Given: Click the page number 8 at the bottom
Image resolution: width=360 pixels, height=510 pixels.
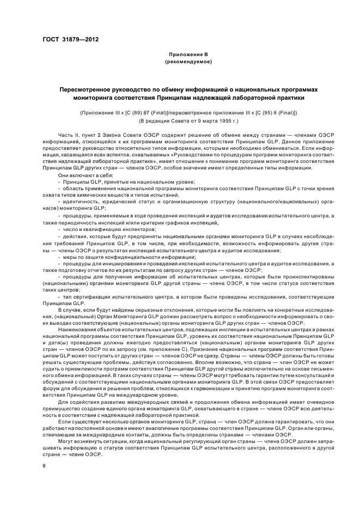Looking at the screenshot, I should [45, 466].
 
